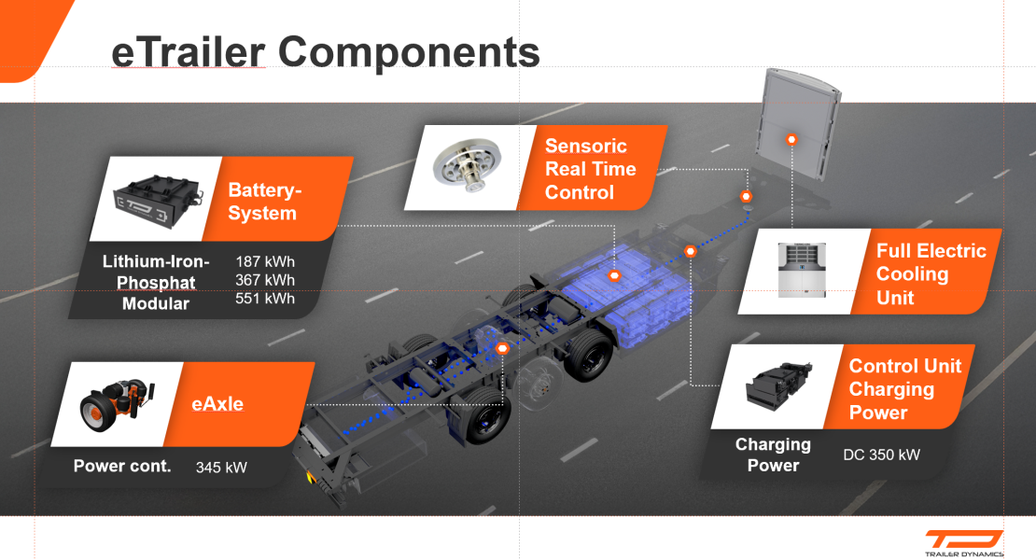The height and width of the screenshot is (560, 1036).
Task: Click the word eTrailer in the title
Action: pos(188,52)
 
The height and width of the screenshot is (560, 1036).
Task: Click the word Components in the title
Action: pos(409,52)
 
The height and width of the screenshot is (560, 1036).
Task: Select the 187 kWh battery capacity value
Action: pos(266,260)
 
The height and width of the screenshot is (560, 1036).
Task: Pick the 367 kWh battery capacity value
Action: pos(266,280)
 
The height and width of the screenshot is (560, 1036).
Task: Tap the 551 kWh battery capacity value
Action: pos(266,299)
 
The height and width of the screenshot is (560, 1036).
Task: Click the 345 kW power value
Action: pos(221,467)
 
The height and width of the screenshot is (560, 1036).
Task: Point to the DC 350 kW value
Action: pos(881,455)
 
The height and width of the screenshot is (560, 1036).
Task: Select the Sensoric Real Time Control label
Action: pos(591,169)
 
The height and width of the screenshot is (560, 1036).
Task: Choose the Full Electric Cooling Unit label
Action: pos(931,274)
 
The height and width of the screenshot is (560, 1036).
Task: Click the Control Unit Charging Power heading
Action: pos(903,389)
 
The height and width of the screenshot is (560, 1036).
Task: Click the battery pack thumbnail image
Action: pos(158,199)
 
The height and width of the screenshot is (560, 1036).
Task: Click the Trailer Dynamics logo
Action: pos(964,542)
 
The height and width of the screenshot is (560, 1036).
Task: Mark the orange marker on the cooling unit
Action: pos(791,139)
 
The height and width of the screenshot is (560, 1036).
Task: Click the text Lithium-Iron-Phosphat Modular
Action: pos(156,282)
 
